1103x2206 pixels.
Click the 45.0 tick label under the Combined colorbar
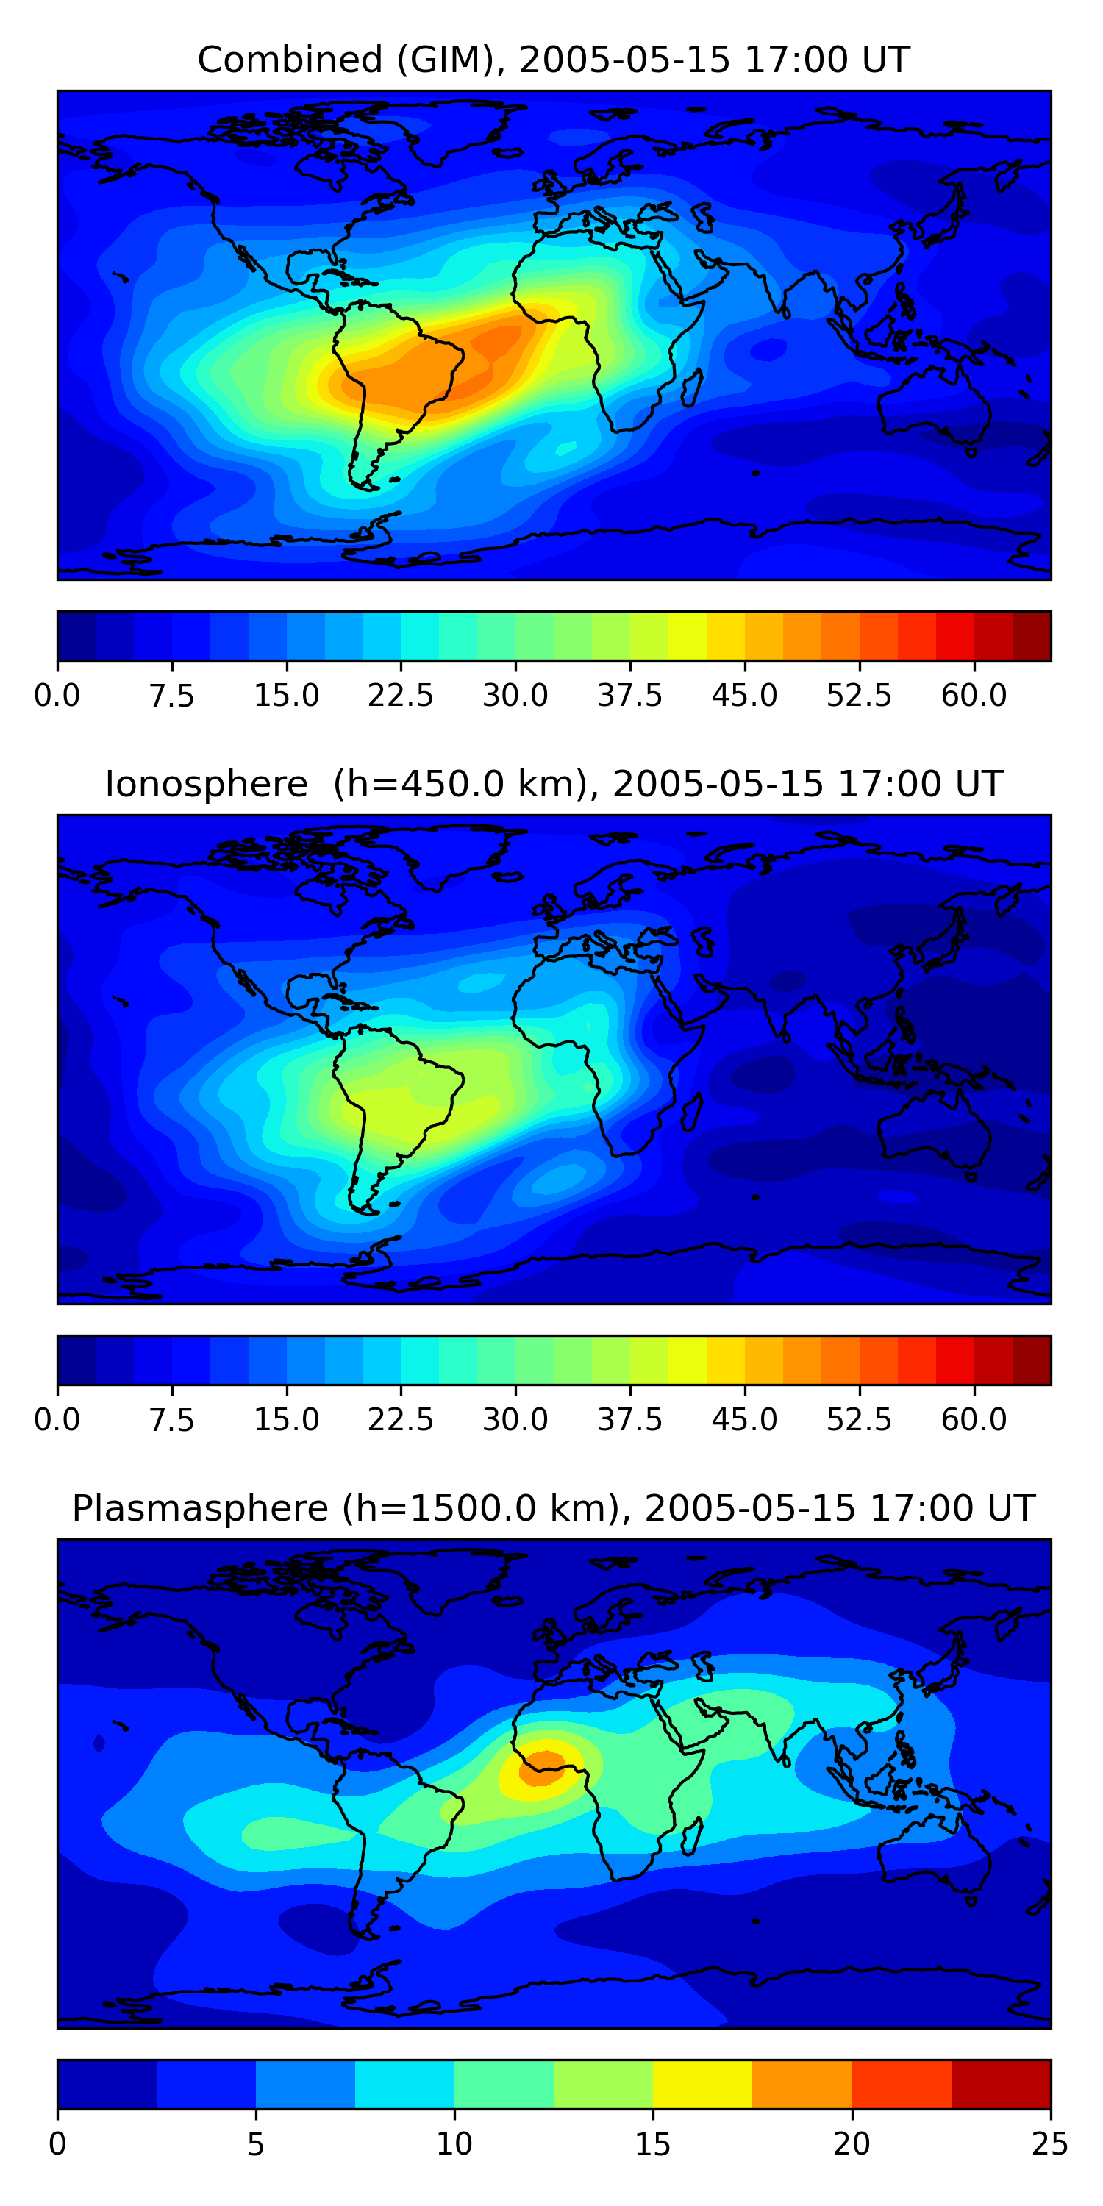[x=744, y=696]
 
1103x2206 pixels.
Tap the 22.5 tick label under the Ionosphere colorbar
[x=401, y=1420]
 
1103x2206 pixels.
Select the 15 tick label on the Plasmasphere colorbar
[x=652, y=2144]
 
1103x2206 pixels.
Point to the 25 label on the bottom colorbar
[x=1050, y=2144]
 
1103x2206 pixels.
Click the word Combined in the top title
[x=290, y=60]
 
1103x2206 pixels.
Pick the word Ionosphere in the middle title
[x=207, y=785]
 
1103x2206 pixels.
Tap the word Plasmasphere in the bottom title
[x=199, y=1509]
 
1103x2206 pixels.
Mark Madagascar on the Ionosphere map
[x=693, y=1110]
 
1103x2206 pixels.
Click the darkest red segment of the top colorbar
[x=1031, y=636]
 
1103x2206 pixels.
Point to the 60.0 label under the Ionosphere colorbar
[x=974, y=1420]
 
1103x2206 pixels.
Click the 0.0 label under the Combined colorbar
[x=57, y=696]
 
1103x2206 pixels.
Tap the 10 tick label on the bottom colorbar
[x=454, y=2144]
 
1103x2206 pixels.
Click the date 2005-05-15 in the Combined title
[x=625, y=60]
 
